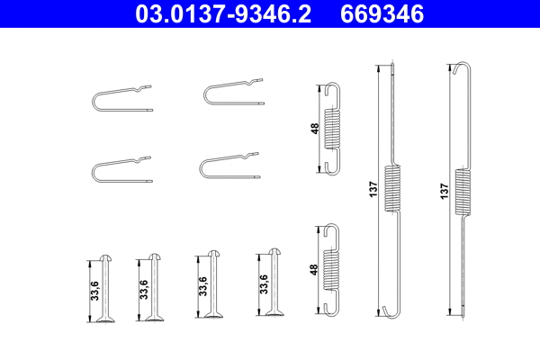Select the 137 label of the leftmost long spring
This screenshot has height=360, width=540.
[373, 190]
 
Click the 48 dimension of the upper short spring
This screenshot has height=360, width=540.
[314, 129]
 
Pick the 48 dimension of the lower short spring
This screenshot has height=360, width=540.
[314, 269]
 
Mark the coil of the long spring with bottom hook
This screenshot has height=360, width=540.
[392, 189]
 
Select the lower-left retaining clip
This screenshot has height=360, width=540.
[121, 170]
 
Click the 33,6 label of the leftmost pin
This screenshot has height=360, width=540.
[93, 290]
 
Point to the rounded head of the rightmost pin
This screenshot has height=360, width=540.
[275, 254]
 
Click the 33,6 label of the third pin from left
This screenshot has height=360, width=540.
[202, 285]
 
